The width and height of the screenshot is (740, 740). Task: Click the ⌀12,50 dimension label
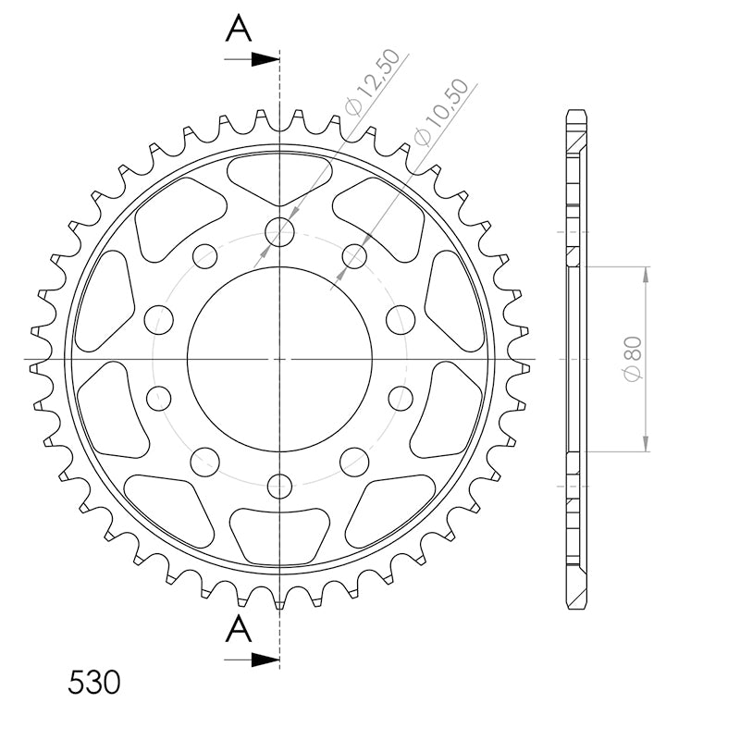pos(373,82)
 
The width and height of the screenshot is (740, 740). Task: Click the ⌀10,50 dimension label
pos(441,112)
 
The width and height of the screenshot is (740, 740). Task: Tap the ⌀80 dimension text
pos(633,358)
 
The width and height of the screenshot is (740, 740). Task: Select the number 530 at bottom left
pos(94,683)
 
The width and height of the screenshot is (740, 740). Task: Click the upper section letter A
pos(239,28)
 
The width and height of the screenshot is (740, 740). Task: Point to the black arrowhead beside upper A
pos(265,59)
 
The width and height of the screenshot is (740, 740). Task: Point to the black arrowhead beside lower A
pos(265,660)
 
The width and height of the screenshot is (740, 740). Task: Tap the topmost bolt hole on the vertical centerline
pos(280,232)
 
